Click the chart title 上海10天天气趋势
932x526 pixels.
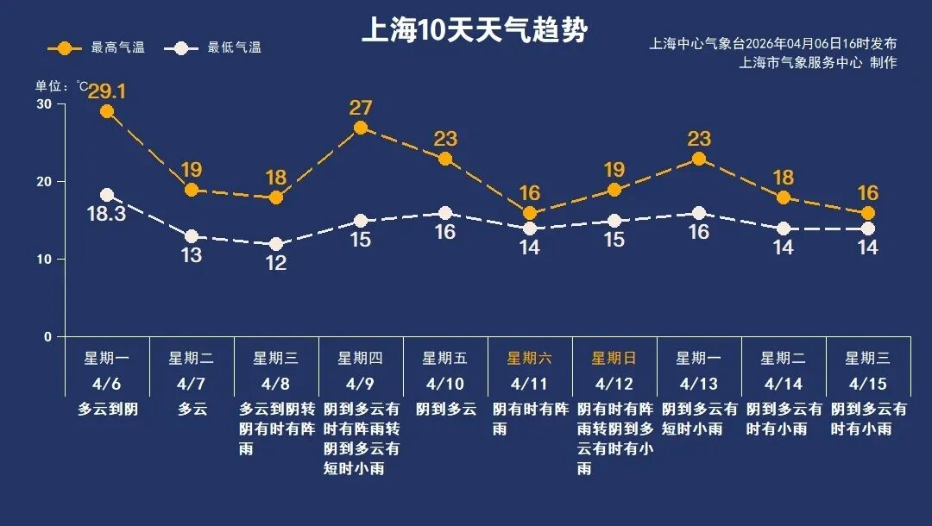click(x=474, y=31)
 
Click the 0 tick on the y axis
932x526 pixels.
click(x=48, y=337)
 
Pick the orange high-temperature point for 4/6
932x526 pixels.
click(x=107, y=111)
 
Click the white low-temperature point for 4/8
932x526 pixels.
click(x=276, y=244)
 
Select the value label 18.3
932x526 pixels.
click(x=107, y=214)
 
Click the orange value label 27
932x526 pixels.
click(x=361, y=108)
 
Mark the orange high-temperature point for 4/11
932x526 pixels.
click(x=530, y=213)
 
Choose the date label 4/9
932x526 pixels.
click(x=360, y=383)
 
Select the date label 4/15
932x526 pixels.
click(x=867, y=383)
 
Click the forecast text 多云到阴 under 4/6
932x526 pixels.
click(x=108, y=410)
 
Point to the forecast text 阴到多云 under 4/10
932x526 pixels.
click(x=446, y=410)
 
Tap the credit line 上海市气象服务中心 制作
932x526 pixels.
click(x=818, y=63)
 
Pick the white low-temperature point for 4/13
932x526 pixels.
click(x=699, y=213)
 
